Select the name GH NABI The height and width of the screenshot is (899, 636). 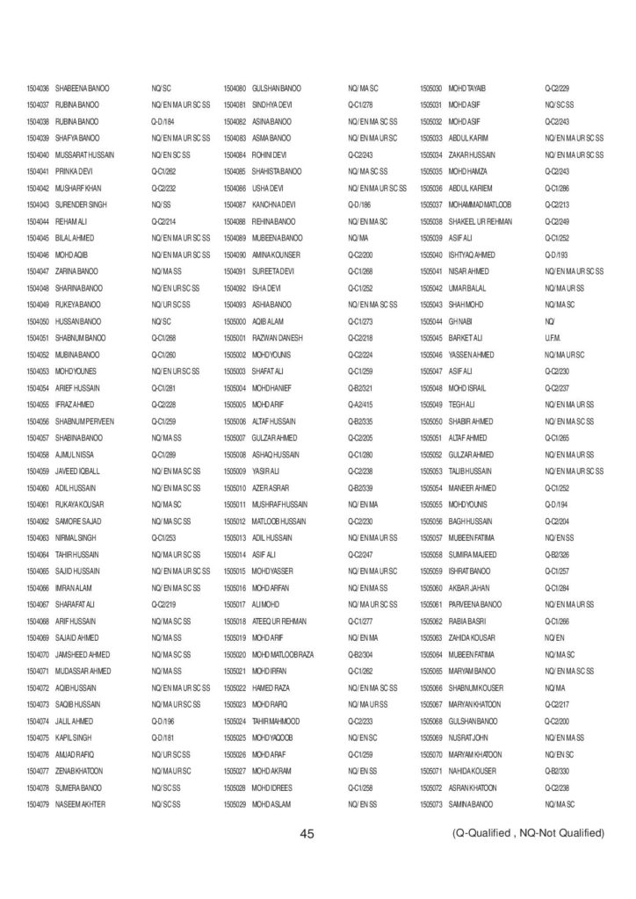click(460, 321)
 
